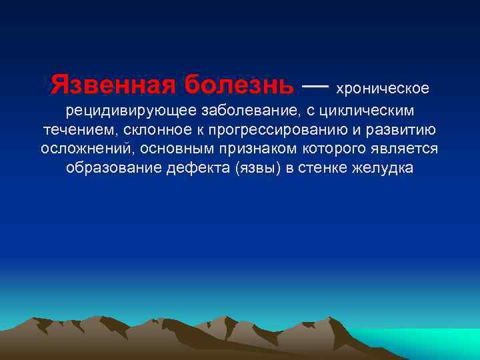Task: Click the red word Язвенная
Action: [114, 85]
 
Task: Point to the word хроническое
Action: [383, 89]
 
